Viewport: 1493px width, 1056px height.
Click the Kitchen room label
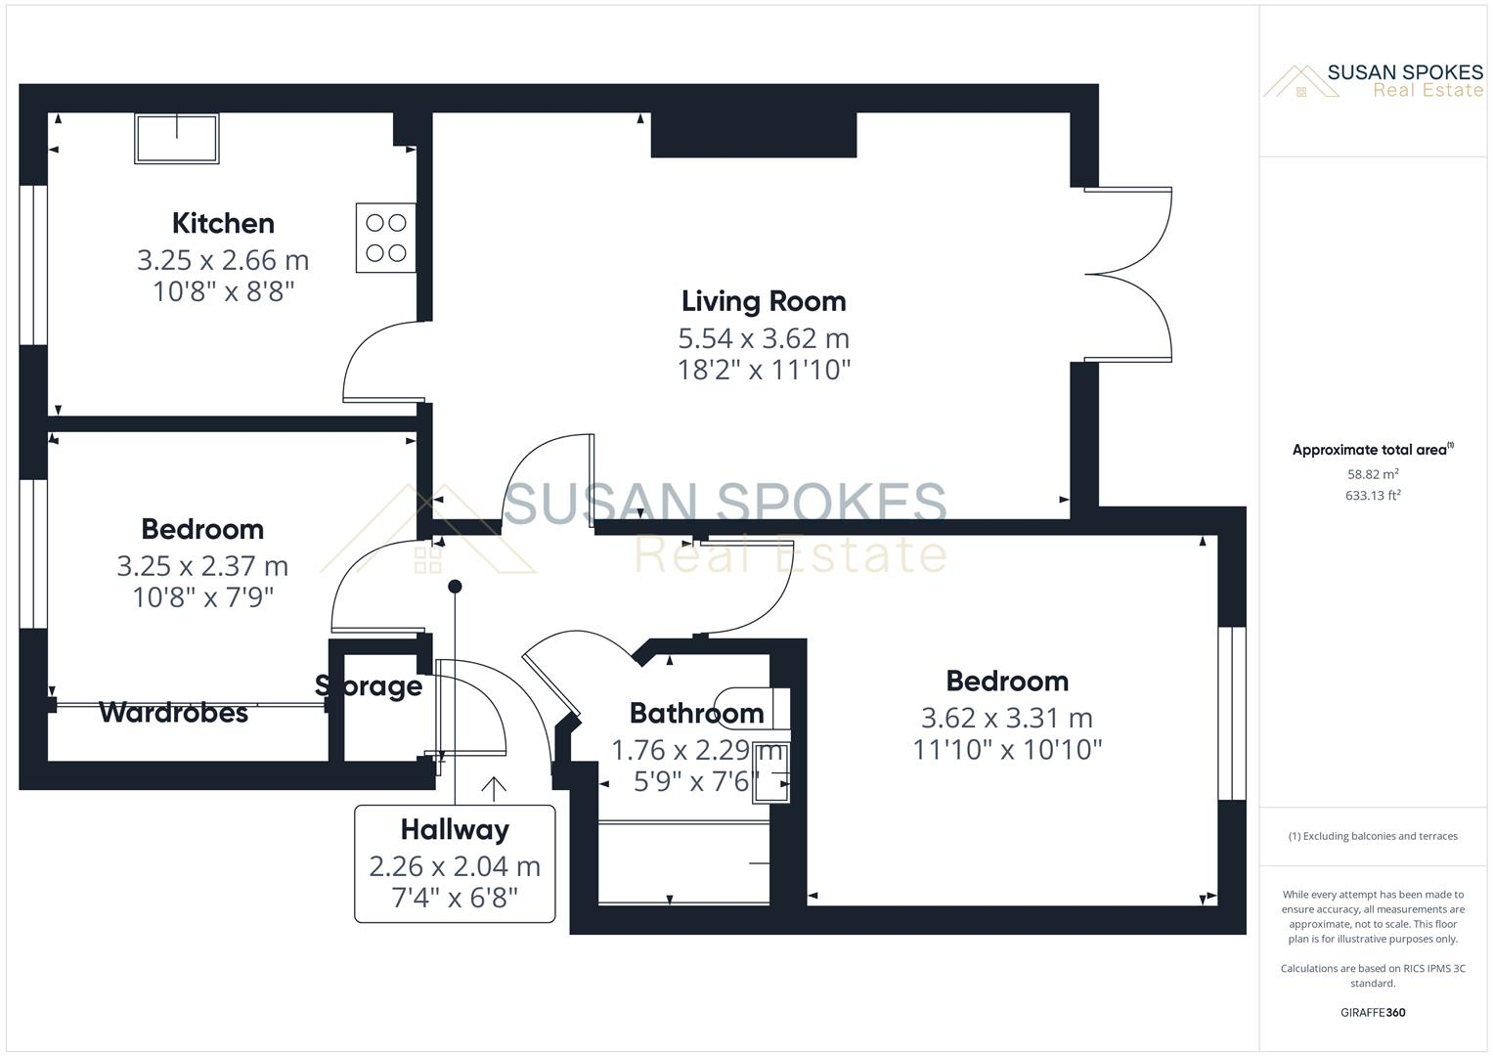click(x=223, y=223)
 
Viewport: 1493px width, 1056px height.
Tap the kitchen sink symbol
click(x=177, y=138)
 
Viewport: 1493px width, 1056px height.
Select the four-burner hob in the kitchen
click(x=385, y=238)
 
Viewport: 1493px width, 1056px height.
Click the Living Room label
click(x=764, y=301)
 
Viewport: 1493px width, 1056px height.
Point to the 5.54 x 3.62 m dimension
click(x=764, y=338)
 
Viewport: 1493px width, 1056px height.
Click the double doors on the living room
click(x=1128, y=275)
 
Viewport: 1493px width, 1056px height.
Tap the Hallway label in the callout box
click(x=455, y=829)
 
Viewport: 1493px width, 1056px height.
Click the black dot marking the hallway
click(x=455, y=587)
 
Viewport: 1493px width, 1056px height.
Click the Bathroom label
click(x=696, y=713)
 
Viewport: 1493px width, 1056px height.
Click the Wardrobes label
click(x=173, y=713)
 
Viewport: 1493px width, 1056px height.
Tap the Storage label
click(x=369, y=686)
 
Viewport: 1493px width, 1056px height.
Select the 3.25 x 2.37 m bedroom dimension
click(x=202, y=566)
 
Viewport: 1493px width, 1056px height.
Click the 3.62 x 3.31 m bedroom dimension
click(x=1007, y=718)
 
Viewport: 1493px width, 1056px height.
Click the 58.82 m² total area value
click(x=1373, y=474)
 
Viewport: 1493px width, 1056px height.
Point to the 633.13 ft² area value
click(x=1373, y=496)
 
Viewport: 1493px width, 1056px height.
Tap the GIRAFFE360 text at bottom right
click(x=1373, y=1012)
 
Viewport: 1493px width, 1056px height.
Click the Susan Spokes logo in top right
click(x=1373, y=81)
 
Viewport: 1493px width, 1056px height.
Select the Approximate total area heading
click(x=1371, y=450)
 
